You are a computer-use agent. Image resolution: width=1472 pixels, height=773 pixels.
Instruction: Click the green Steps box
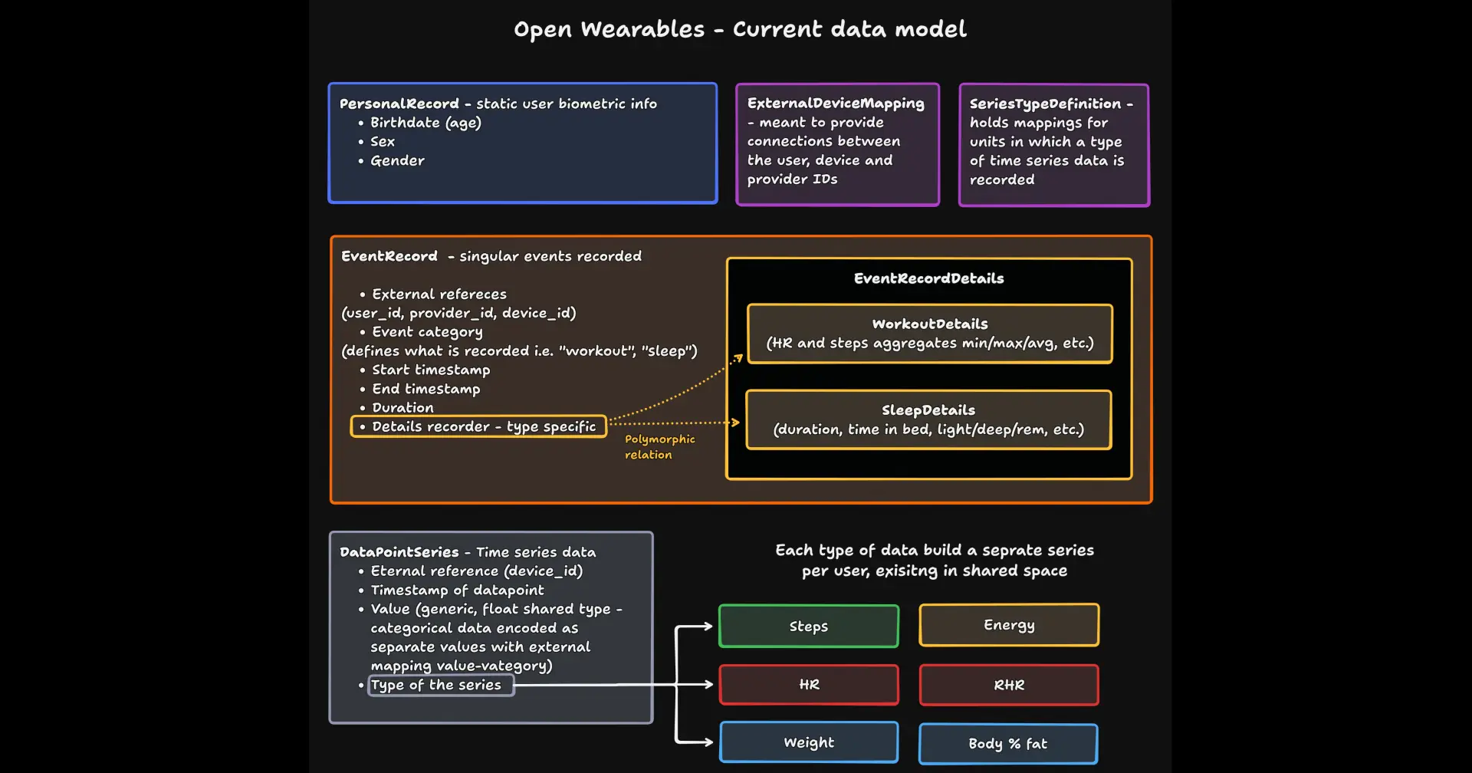809,626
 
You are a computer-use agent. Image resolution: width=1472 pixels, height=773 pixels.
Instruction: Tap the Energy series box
1009,625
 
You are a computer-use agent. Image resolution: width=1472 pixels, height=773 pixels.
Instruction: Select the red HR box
809,684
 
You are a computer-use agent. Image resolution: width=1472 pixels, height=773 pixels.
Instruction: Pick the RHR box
1009,685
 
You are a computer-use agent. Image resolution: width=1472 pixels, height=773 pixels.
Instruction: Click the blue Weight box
809,742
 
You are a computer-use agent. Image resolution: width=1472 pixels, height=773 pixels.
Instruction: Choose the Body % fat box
1007,743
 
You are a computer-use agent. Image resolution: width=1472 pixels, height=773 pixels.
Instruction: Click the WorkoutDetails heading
930,324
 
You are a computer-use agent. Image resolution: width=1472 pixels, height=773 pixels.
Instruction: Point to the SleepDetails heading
928,410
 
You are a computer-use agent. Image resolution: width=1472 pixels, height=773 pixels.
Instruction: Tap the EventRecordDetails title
928,278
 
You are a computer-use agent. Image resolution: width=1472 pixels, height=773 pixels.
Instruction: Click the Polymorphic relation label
659,446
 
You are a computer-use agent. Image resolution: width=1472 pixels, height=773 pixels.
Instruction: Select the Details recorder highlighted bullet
478,426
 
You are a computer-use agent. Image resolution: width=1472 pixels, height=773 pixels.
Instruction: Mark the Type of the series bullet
436,685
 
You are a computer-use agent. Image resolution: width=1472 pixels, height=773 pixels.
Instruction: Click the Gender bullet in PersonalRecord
397,160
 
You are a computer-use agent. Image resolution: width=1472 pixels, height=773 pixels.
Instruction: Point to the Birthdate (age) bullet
426,123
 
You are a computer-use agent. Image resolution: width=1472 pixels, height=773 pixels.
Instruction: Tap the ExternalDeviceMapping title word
836,104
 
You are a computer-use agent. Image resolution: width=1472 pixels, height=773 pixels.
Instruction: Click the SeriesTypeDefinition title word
1045,104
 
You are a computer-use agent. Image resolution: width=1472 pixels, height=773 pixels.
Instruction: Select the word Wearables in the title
642,29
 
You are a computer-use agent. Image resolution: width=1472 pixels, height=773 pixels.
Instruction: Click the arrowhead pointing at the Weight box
708,742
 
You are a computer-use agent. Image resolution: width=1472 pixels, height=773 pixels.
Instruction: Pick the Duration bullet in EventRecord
402,407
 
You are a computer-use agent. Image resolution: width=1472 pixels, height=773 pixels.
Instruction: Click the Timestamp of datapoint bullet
457,590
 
